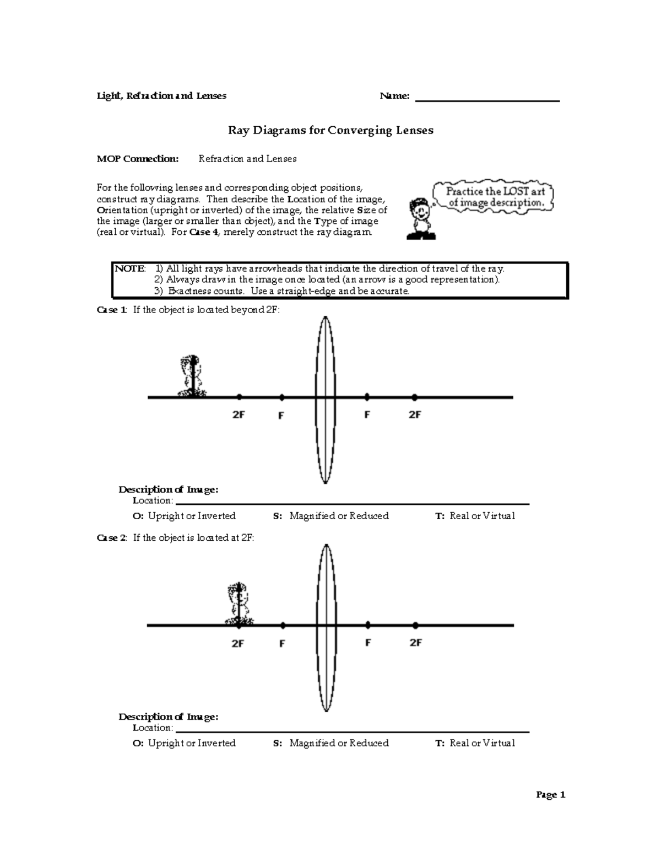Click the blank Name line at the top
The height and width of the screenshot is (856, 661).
(487, 100)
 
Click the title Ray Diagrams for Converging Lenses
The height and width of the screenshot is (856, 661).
(330, 131)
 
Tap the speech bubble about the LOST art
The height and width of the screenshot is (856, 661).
(495, 197)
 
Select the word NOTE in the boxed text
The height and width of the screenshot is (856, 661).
(129, 269)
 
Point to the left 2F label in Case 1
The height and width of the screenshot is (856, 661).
(238, 415)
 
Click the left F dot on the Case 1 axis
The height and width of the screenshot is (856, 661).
(281, 397)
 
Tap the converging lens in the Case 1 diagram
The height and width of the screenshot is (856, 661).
(326, 400)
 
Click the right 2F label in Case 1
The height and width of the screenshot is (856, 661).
(415, 415)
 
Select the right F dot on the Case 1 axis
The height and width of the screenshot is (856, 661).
(367, 397)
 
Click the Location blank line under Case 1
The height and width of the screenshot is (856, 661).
(353, 503)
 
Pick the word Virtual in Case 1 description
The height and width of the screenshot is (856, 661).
(498, 516)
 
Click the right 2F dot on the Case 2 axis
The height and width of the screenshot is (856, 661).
(415, 626)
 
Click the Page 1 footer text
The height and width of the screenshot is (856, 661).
(551, 795)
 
